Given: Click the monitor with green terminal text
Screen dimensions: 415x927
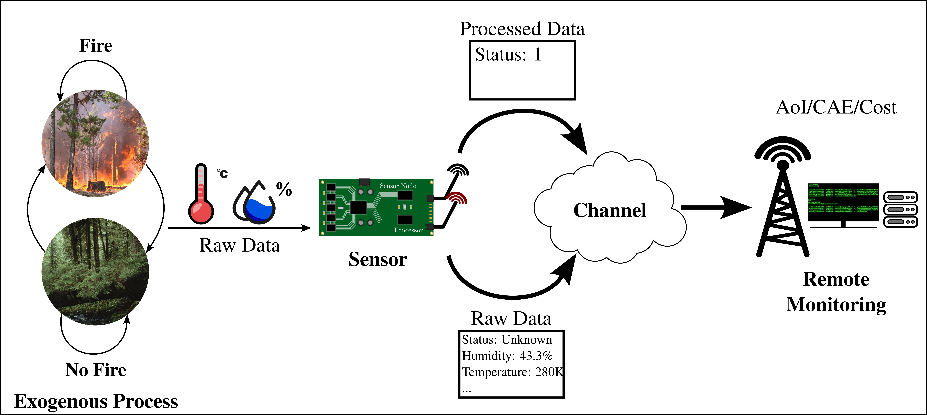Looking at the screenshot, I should pos(843,204).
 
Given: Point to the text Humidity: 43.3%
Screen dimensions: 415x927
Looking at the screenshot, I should pos(507,356).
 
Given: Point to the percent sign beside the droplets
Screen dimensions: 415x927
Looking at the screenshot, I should pos(284,189).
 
